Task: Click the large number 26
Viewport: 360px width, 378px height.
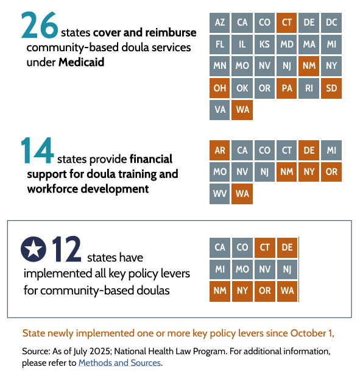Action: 40,25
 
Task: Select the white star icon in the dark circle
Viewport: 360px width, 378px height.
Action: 34,248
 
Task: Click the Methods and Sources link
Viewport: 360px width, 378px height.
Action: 119,363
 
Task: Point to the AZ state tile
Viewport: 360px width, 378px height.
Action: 220,23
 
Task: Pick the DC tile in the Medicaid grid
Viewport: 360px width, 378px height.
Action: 331,23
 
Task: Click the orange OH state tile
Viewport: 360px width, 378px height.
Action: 220,88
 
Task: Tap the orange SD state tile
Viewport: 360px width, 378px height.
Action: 331,88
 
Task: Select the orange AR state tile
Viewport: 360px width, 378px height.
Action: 220,150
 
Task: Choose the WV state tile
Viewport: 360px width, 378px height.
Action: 220,194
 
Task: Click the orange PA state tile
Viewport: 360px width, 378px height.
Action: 287,88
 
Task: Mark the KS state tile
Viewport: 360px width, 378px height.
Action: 264,45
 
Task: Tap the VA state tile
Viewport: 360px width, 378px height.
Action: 220,110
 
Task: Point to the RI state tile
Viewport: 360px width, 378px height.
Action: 309,88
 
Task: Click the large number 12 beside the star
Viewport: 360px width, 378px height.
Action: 67,248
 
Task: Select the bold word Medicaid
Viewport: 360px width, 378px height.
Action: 82,62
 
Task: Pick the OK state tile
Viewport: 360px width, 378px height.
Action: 242,88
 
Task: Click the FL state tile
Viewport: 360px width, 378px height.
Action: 220,45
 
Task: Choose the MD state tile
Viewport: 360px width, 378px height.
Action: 287,45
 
